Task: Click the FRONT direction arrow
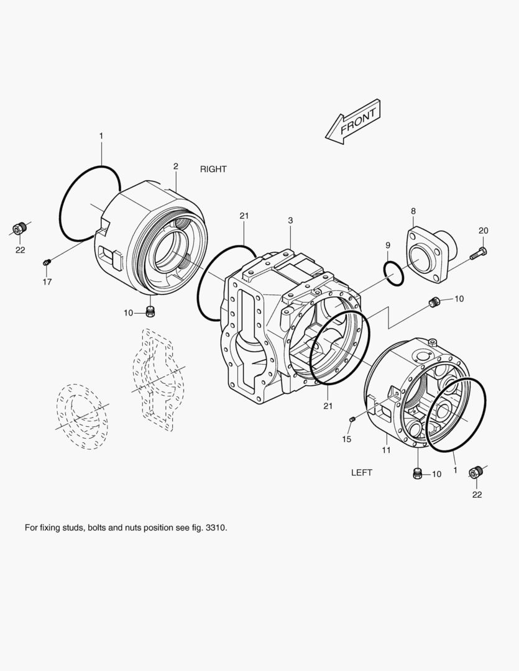pyautogui.click(x=353, y=122)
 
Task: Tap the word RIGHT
pyautogui.click(x=213, y=169)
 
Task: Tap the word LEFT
pyautogui.click(x=361, y=472)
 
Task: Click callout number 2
pyautogui.click(x=175, y=167)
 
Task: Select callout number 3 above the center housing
pyautogui.click(x=290, y=221)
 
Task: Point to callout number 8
pyautogui.click(x=413, y=211)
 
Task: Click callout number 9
pyautogui.click(x=387, y=245)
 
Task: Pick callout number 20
pyautogui.click(x=483, y=231)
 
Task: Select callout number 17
pyautogui.click(x=47, y=281)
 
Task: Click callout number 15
pyautogui.click(x=346, y=439)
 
